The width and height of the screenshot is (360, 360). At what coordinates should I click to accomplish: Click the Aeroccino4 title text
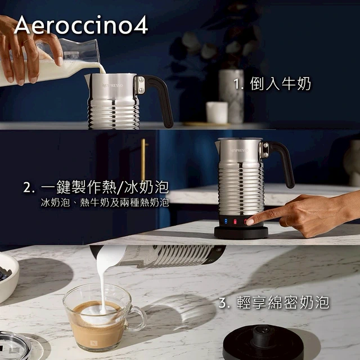81,25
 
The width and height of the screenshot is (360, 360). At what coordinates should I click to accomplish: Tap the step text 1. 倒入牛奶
272,84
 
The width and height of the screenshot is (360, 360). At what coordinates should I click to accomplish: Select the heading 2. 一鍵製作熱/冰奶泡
96,187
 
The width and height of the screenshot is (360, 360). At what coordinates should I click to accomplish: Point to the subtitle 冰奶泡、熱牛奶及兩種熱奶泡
105,202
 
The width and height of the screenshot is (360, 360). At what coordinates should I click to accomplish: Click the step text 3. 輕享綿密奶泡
274,303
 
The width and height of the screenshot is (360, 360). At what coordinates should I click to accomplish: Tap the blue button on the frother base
226,221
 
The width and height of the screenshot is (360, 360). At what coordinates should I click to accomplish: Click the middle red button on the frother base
235,222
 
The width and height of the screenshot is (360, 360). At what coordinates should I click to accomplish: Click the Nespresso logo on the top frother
112,85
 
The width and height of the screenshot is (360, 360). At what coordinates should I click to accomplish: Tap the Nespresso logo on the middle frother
239,150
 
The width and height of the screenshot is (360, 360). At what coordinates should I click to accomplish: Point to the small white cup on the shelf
217,112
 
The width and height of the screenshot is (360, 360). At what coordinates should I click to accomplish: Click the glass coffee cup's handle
138,318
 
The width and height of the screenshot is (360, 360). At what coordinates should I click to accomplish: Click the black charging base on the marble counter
263,343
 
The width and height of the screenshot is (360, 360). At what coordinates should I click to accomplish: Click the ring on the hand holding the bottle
28,41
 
